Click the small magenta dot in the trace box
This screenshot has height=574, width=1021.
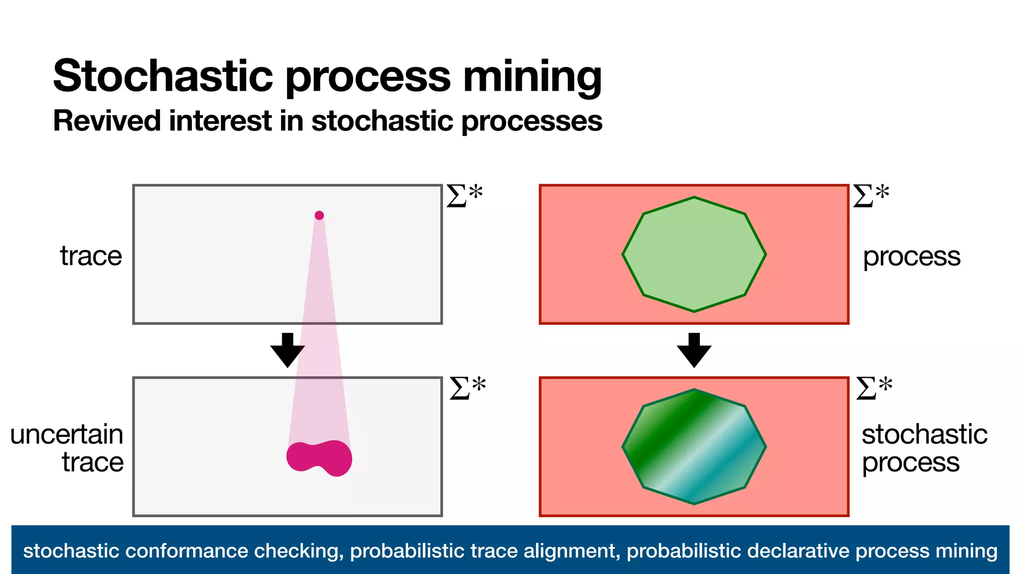pyautogui.click(x=319, y=215)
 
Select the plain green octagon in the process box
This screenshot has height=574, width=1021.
pyautogui.click(x=694, y=255)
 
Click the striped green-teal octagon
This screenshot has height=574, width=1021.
pyautogui.click(x=694, y=447)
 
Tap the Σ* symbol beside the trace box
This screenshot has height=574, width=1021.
pyautogui.click(x=464, y=195)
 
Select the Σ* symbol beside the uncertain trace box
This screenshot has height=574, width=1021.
pyautogui.click(x=467, y=388)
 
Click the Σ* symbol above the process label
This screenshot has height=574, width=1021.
pyautogui.click(x=870, y=195)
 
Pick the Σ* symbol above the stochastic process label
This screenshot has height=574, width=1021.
pyautogui.click(x=874, y=388)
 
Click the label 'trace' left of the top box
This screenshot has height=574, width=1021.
pyautogui.click(x=91, y=256)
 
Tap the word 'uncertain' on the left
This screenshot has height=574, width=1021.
pyautogui.click(x=67, y=434)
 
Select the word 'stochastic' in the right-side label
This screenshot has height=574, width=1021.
pyautogui.click(x=924, y=434)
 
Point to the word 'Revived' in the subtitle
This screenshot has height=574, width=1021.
pyautogui.click(x=107, y=121)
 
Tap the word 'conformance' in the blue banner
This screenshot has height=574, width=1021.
pyautogui.click(x=187, y=551)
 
